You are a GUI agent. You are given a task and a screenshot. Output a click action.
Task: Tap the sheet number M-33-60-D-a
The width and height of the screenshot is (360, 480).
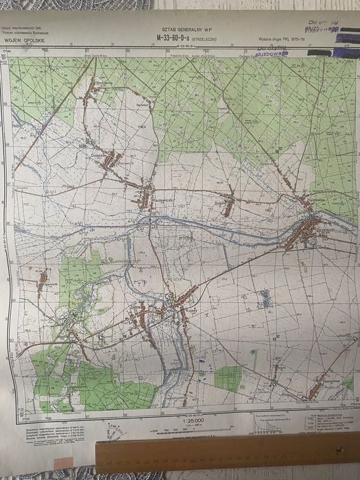[x=173, y=38]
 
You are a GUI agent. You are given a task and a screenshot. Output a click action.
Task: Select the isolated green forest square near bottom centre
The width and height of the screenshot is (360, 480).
[x=228, y=377]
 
